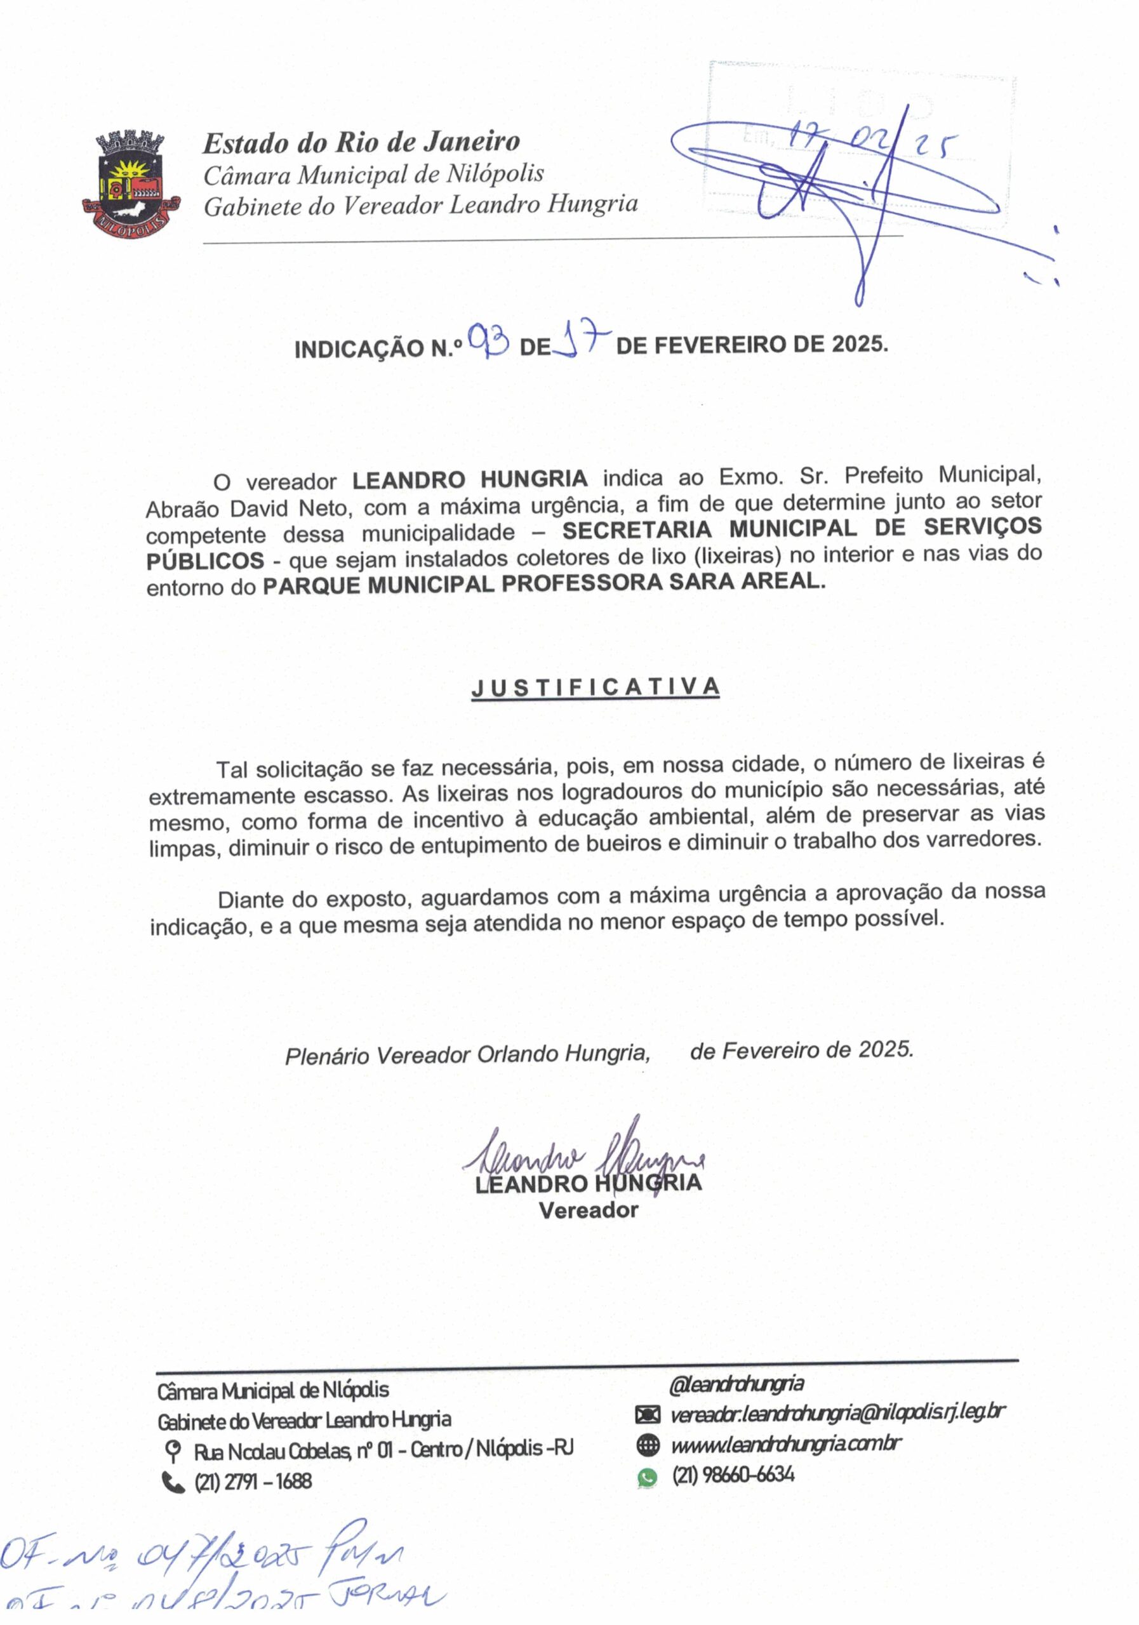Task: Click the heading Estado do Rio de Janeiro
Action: tap(361, 142)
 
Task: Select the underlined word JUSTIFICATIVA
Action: tap(596, 687)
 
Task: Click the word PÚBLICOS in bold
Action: tap(205, 561)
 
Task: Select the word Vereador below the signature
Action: tap(589, 1210)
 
